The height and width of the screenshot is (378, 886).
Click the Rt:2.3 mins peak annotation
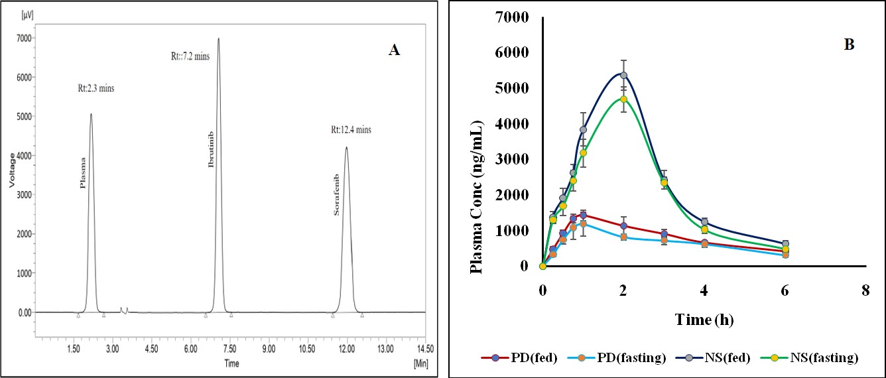pyautogui.click(x=95, y=89)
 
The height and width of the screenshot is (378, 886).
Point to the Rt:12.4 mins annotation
pyautogui.click(x=351, y=129)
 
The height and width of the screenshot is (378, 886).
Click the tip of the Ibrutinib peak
pyautogui.click(x=218, y=38)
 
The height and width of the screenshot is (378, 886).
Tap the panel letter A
pyautogui.click(x=394, y=50)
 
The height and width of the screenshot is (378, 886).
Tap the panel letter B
pyautogui.click(x=848, y=44)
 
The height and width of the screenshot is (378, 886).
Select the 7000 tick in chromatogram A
pyautogui.click(x=23, y=38)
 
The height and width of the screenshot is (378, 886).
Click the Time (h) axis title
pyautogui.click(x=704, y=320)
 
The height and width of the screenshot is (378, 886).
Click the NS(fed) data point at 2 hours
pyautogui.click(x=623, y=76)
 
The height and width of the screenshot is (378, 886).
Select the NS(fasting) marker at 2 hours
pyautogui.click(x=623, y=99)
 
